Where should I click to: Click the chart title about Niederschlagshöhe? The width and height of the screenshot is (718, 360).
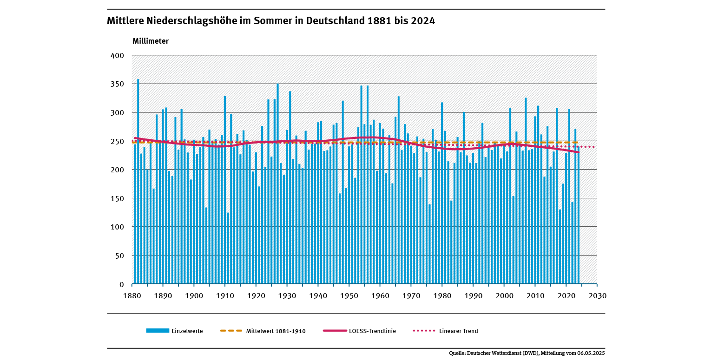click(x=271, y=21)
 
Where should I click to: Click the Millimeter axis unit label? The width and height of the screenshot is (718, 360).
click(x=151, y=41)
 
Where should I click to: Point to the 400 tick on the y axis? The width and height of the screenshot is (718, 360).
click(x=118, y=56)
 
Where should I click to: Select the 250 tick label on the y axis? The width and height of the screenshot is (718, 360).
click(x=118, y=141)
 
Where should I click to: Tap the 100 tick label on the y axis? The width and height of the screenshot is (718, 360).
click(x=118, y=227)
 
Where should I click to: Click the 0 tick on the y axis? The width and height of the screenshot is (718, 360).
click(x=122, y=284)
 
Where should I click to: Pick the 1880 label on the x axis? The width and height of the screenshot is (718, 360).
click(x=132, y=295)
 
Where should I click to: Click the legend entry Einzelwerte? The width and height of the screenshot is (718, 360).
click(x=187, y=331)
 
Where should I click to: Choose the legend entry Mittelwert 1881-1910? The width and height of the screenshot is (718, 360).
click(x=276, y=331)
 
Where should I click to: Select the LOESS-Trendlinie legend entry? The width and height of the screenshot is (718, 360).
click(x=372, y=331)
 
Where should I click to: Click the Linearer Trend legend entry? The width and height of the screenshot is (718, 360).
click(x=458, y=331)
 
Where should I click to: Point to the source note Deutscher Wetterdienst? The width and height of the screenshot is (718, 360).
click(x=527, y=353)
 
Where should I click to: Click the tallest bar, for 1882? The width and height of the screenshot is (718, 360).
click(x=138, y=181)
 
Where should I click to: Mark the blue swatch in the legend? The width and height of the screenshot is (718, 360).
click(x=158, y=331)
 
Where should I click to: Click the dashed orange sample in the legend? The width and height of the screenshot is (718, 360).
click(x=231, y=331)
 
